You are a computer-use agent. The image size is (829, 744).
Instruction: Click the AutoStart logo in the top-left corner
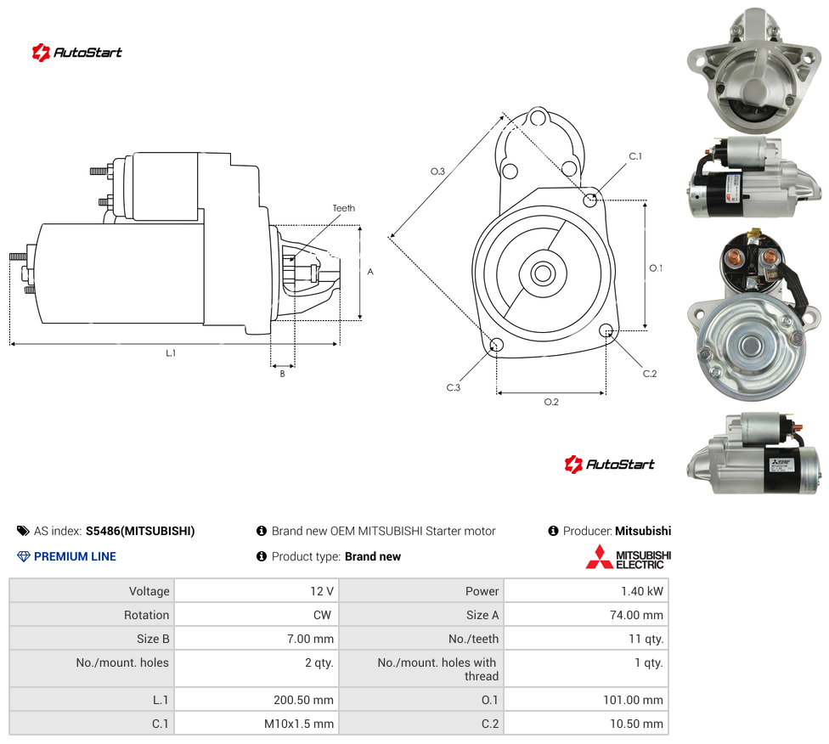click(77, 53)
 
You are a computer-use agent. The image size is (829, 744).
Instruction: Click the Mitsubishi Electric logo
click(628, 557)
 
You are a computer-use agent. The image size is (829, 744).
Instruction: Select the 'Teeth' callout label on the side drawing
click(344, 208)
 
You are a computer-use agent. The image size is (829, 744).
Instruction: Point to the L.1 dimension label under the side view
click(170, 352)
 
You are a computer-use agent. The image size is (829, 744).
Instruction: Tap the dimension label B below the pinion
click(282, 374)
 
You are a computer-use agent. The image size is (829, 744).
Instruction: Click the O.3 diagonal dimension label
click(437, 172)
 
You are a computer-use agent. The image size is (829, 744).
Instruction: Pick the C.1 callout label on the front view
click(635, 156)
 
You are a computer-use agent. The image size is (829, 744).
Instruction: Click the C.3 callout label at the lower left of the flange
click(453, 387)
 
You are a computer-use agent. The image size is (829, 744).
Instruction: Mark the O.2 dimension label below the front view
click(551, 403)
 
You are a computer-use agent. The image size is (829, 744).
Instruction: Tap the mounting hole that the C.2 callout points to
click(606, 330)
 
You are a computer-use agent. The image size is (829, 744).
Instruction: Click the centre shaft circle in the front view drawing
click(543, 274)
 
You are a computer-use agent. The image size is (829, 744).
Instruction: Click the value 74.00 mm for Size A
click(636, 615)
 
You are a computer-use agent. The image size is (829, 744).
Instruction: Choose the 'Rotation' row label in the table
click(146, 615)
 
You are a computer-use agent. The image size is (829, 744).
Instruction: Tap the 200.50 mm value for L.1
click(303, 700)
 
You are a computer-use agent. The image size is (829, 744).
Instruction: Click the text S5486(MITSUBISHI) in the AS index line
click(140, 531)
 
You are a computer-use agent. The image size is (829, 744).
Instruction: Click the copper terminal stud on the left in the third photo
click(736, 259)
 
